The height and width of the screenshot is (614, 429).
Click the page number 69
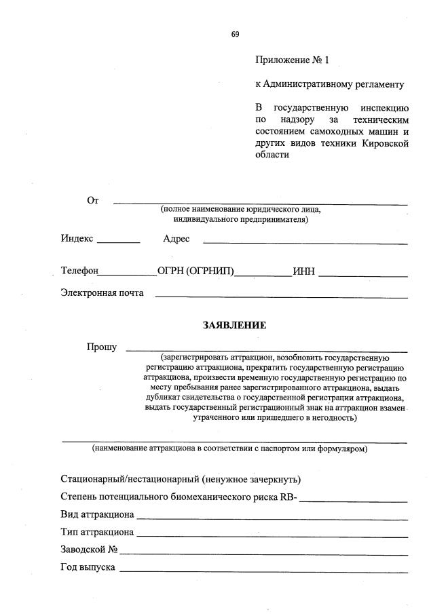(x=235, y=33)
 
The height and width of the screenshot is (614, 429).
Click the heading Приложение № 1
(x=291, y=60)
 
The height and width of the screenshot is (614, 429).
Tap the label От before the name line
(x=93, y=200)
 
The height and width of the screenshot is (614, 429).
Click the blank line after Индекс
(x=119, y=242)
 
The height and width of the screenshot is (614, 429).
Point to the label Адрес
(x=176, y=239)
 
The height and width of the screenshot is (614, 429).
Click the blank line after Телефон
(x=128, y=275)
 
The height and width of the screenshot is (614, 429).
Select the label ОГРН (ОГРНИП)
(x=195, y=271)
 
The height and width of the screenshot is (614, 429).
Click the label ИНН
(x=303, y=271)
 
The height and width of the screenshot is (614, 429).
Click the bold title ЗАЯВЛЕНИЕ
(x=234, y=326)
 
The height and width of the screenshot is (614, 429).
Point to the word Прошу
(x=101, y=347)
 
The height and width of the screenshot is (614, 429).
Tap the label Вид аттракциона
(x=97, y=514)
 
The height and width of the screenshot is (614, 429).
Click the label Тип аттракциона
(x=97, y=532)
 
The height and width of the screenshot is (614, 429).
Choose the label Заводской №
(x=90, y=550)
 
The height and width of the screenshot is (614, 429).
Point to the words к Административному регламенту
(x=329, y=85)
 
